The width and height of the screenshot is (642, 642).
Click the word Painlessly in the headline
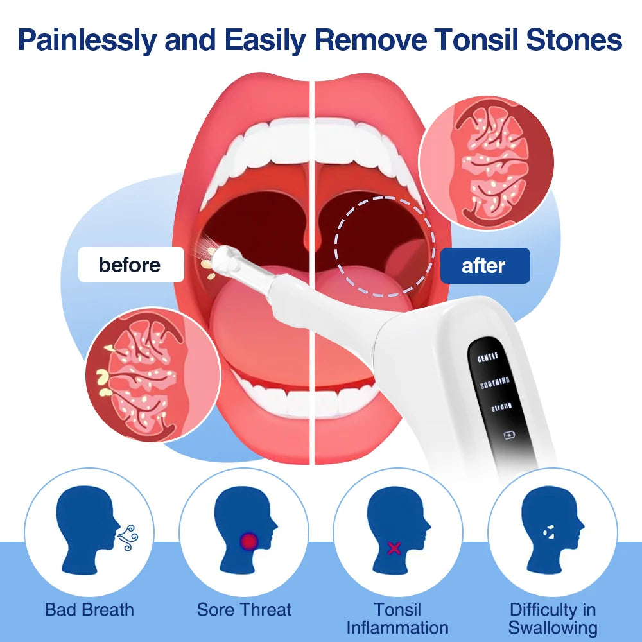coord(87,40)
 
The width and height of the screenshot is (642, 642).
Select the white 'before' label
coord(130,265)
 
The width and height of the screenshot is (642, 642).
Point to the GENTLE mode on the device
coord(488,357)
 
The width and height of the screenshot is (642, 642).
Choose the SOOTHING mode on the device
coord(495,383)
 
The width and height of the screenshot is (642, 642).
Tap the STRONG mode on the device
coord(501,408)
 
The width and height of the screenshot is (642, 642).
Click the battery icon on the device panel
coord(510,435)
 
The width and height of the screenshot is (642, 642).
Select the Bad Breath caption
coord(89,609)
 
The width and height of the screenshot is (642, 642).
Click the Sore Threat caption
coord(244,609)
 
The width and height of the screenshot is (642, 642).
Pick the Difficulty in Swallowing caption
coord(553,618)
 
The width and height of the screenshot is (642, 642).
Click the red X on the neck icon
coord(394,548)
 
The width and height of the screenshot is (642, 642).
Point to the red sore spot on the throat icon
coord(248,541)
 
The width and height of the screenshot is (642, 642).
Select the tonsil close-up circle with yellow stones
coord(153,374)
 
